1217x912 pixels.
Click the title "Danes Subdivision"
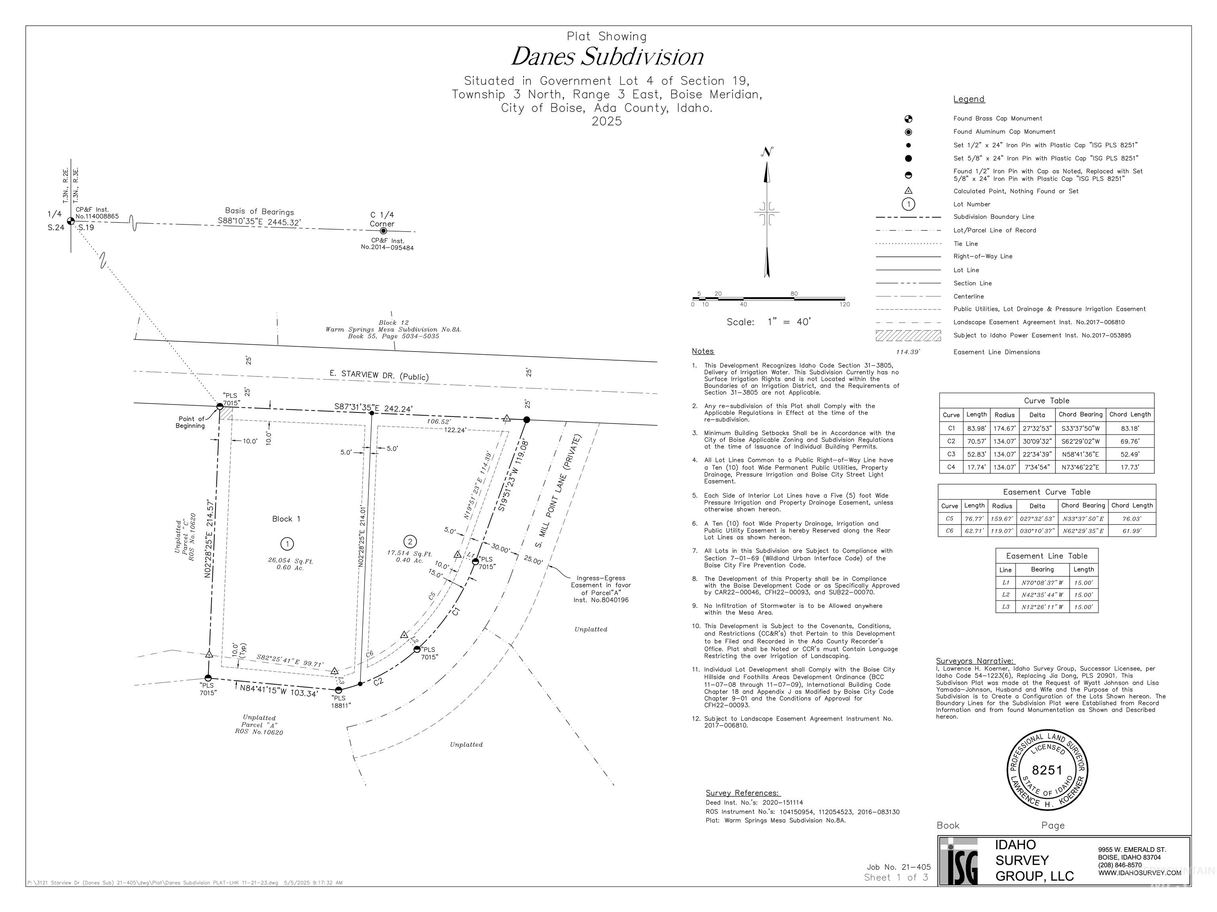point(607,57)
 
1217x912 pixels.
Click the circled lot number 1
point(287,544)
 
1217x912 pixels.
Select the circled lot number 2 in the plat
point(409,541)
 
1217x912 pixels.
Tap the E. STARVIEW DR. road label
point(378,375)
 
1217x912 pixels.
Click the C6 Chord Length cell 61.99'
point(1132,530)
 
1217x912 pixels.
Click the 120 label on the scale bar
point(845,304)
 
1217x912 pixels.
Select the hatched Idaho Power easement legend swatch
point(908,335)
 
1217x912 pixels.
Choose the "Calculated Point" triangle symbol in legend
point(908,191)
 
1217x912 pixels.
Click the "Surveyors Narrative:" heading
point(975,661)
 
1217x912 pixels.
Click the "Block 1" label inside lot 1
point(286,519)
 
